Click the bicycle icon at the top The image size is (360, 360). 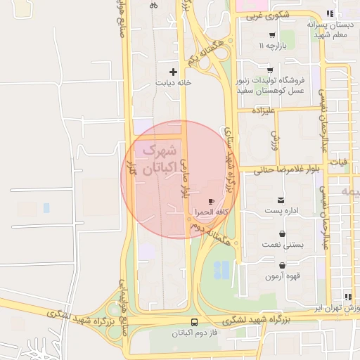[x=153, y=5]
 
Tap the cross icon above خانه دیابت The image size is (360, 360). [x=174, y=71]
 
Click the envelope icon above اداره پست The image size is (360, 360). [x=281, y=200]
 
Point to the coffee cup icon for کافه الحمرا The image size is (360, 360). [x=212, y=201]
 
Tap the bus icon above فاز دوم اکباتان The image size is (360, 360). [x=194, y=322]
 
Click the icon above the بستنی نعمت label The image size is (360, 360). [x=282, y=234]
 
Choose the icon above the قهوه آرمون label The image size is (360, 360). [x=282, y=266]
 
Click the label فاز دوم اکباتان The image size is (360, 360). [x=193, y=333]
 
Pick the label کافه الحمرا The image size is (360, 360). [x=212, y=212]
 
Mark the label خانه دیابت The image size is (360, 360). [x=174, y=82]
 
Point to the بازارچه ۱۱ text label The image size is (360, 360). [x=271, y=46]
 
